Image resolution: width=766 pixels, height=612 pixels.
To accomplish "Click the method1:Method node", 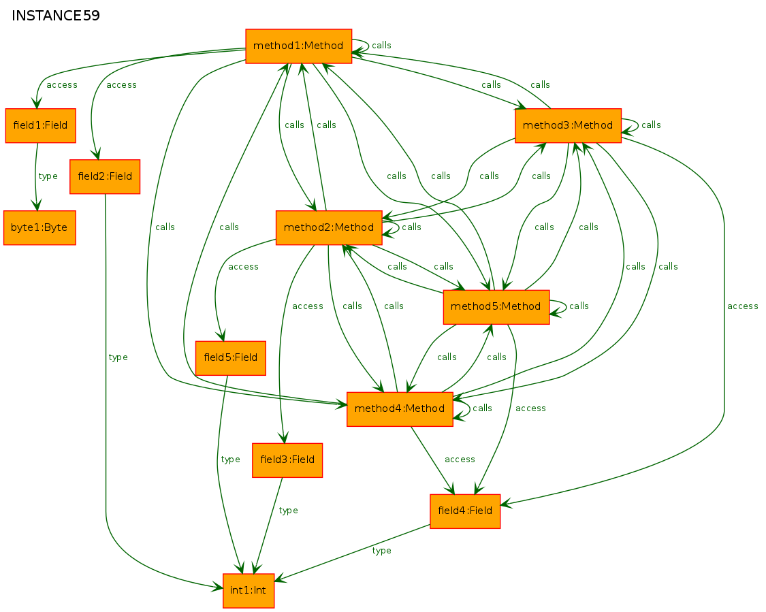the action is [298, 46].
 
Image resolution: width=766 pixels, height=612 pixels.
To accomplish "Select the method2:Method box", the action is [329, 227].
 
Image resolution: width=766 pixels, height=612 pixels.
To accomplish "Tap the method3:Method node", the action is [568, 125].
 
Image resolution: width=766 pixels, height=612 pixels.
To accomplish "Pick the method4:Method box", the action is [400, 409].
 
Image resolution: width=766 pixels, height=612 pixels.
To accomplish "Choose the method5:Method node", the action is [496, 307].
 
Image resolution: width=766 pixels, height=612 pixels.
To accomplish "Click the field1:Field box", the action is [41, 125].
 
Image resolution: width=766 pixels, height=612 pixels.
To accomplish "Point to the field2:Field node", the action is [105, 176].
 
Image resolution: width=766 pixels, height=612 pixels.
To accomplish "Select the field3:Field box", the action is [287, 460].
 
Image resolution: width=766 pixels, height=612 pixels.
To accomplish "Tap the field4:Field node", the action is [465, 511].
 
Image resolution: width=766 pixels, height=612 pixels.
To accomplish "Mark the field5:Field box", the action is [231, 358].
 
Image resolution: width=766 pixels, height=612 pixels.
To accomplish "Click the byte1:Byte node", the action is [39, 227].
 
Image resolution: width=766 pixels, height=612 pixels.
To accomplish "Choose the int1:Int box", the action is [248, 590].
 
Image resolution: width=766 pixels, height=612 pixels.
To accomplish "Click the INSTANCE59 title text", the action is [56, 16].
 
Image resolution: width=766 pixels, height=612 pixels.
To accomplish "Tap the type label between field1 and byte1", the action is [48, 176].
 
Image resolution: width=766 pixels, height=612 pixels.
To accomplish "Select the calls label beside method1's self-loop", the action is [381, 46].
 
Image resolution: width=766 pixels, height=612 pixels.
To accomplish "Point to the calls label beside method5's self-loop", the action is [579, 306].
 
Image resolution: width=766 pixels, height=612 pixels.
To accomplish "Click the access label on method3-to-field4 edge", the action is [743, 306].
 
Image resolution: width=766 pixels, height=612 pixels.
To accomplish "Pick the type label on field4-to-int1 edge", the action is [381, 551].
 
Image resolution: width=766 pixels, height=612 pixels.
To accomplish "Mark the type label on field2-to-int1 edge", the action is [118, 357].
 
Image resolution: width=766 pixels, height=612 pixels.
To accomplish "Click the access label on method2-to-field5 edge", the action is [243, 267].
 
